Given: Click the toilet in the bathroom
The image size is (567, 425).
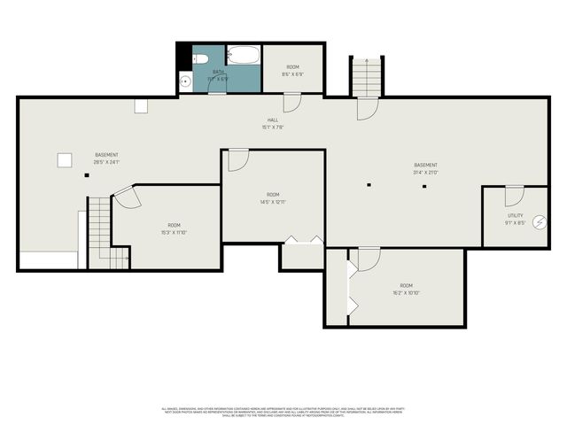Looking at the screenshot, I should point(201,58).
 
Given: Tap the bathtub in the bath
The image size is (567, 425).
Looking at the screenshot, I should point(243,57).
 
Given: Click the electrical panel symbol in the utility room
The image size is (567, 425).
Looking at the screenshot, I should point(540,221).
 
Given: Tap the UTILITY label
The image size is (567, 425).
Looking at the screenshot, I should point(515,215).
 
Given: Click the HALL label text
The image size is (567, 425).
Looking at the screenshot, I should point(273,120).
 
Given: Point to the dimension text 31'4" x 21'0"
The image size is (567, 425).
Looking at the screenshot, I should point(425,173).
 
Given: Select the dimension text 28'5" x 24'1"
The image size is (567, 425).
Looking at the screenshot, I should point(106,162).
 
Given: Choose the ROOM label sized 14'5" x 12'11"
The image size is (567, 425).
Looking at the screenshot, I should point(273,194).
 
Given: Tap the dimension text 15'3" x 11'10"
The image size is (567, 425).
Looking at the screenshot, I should point(174,233).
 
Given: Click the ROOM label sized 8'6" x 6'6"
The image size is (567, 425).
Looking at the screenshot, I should point(292,67).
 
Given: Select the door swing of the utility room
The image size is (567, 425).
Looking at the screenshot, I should point(513,197).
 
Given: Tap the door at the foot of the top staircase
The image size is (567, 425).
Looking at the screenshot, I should point(368,108).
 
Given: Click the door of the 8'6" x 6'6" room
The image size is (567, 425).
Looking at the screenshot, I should point(292,102).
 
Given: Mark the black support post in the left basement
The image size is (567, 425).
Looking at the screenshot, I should point(87,175).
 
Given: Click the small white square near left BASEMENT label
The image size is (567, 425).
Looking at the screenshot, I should point(64,159).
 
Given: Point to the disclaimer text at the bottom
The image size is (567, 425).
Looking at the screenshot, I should point(283,411).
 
